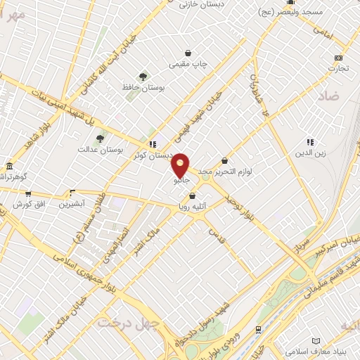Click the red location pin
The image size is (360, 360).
coord(181,165)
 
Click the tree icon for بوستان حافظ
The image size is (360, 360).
coord(143,76)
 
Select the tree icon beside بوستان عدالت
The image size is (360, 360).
coord(100,139)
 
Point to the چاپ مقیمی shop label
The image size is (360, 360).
coord(188,64)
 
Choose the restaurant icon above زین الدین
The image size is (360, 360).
coord(310,142)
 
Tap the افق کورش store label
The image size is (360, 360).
coord(28,205)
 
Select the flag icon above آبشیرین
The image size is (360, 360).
coord(72,192)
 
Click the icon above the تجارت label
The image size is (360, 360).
coord(339,58)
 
